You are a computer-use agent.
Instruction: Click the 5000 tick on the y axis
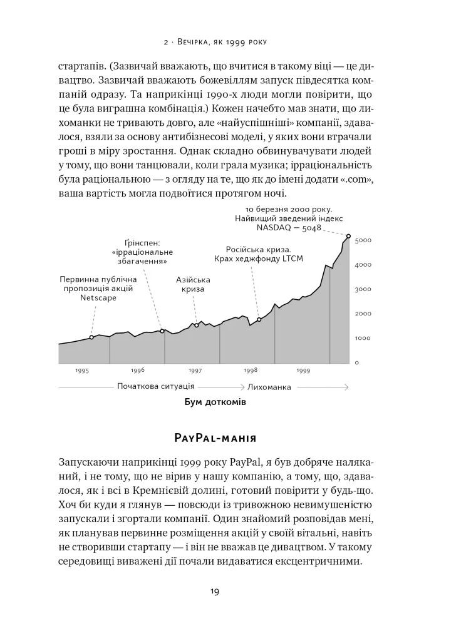pyautogui.click(x=363, y=240)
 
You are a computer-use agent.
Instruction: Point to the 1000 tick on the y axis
pyautogui.click(x=363, y=338)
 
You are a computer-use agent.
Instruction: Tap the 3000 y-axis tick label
pyautogui.click(x=363, y=289)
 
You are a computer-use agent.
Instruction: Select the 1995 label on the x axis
pyautogui.click(x=82, y=371)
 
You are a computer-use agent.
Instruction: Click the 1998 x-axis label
pyautogui.click(x=251, y=371)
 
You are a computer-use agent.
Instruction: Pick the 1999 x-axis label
pyautogui.click(x=304, y=371)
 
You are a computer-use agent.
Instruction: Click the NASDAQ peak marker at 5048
pyautogui.click(x=348, y=235)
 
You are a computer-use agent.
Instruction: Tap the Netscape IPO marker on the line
pyautogui.click(x=91, y=337)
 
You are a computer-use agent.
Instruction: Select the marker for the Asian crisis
pyautogui.click(x=196, y=325)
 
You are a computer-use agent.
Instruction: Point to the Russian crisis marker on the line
pyautogui.click(x=259, y=320)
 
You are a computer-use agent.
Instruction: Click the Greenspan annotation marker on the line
pyautogui.click(x=162, y=331)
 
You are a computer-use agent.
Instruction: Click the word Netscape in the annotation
pyautogui.click(x=98, y=298)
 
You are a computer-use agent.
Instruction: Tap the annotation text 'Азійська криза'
pyautogui.click(x=194, y=285)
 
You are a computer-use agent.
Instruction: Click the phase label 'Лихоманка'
pyautogui.click(x=269, y=387)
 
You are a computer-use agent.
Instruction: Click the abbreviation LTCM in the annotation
pyautogui.click(x=291, y=259)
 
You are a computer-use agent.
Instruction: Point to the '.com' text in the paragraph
pyautogui.click(x=358, y=180)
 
